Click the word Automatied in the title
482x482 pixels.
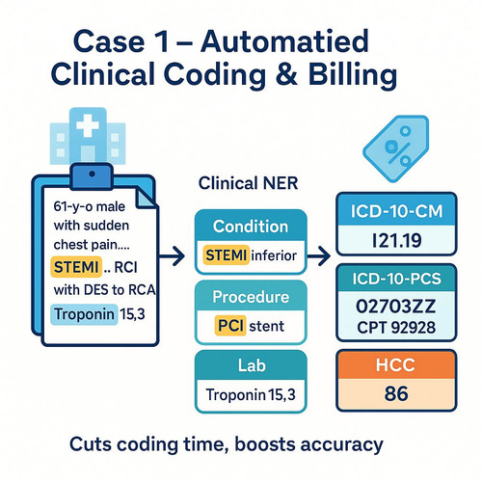pos(284,41)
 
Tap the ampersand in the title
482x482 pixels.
pos(286,74)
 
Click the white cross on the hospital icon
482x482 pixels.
pos(88,125)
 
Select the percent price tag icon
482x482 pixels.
pos(396,148)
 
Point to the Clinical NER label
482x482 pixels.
pos(248,183)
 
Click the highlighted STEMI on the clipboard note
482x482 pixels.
pos(76,267)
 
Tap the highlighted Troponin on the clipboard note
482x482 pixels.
pos(84,314)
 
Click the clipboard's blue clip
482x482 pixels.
pos(92,176)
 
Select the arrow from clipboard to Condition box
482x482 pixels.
pos(172,256)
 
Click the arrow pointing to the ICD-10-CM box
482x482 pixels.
pos(319,256)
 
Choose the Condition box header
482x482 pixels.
pos(251,226)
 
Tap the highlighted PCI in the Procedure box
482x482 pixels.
pos(230,326)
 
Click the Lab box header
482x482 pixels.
pos(251,365)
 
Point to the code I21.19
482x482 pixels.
pos(396,240)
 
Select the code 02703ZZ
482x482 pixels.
pos(396,307)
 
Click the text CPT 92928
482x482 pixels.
pos(396,328)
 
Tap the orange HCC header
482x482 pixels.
pos(396,364)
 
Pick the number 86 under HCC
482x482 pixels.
pos(396,393)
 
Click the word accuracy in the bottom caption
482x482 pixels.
pos(341,445)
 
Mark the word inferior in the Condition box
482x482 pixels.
pos(274,255)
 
